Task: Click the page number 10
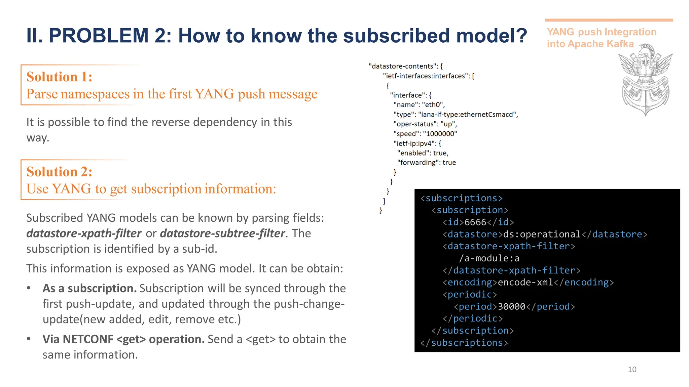point(632,370)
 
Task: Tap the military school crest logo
point(645,80)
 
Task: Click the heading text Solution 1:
point(59,77)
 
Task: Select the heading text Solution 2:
point(59,172)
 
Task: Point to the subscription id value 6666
point(475,222)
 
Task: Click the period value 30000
point(511,307)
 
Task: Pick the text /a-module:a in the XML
point(489,258)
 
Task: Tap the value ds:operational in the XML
point(542,234)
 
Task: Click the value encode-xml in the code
point(525,283)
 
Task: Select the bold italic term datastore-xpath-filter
point(84,233)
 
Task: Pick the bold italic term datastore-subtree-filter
point(222,233)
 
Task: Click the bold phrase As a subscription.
point(89,289)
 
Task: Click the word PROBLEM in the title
point(99,36)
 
